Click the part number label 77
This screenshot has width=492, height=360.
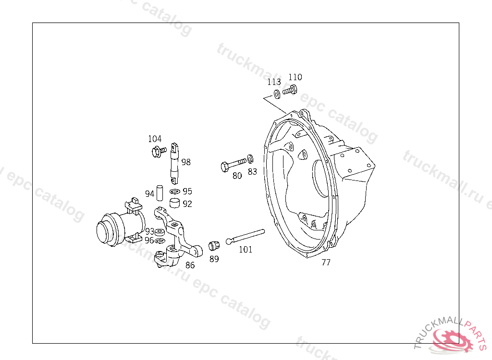326,262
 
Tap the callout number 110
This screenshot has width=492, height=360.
295,77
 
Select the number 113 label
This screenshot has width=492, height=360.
274,82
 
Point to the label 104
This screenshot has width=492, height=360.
155,139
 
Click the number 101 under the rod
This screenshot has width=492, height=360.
246,249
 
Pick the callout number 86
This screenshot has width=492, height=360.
190,265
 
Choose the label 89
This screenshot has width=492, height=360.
214,259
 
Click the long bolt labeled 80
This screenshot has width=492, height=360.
234,165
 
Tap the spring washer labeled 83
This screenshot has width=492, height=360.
250,159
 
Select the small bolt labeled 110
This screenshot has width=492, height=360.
290,90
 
